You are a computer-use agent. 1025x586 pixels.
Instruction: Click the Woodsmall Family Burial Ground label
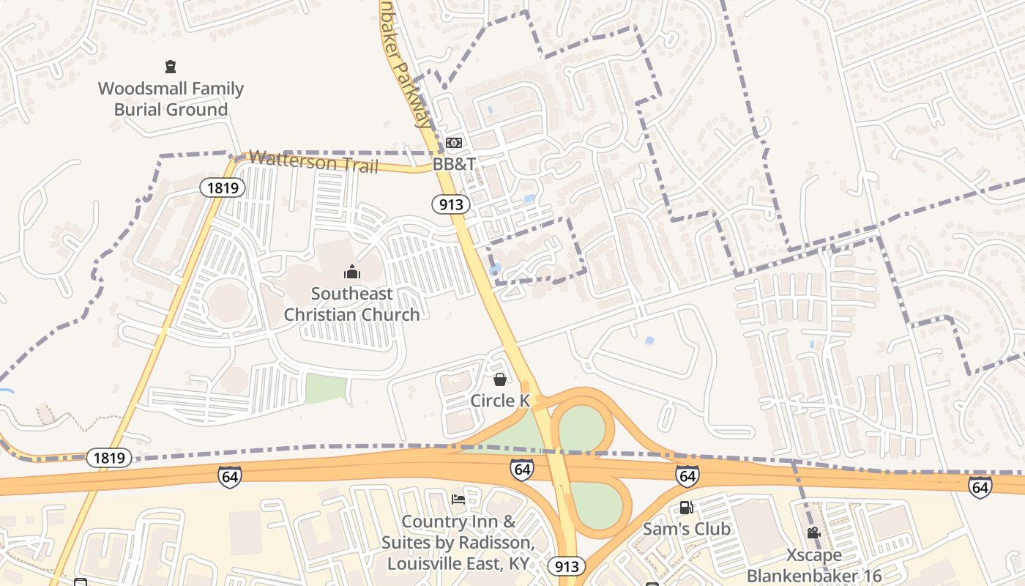[x=171, y=99]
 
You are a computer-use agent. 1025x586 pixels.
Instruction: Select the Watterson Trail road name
[x=313, y=161]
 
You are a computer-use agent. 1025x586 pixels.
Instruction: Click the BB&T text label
[x=454, y=164]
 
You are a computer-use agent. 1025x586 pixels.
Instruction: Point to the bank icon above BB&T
[x=454, y=142]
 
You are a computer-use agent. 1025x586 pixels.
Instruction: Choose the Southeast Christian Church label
[x=351, y=304]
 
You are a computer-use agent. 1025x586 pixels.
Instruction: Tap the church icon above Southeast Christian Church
[x=352, y=272]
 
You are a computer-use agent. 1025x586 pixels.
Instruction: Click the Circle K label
[x=500, y=401]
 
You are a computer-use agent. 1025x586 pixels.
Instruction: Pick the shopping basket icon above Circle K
[x=500, y=379]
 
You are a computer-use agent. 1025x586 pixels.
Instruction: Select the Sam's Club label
[x=686, y=529]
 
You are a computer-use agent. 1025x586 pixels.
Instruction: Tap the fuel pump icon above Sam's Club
[x=686, y=507]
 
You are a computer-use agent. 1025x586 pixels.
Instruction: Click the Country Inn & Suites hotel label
[x=458, y=543]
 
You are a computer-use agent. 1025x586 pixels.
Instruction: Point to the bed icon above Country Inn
[x=458, y=500]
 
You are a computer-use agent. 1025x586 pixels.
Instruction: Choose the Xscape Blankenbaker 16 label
[x=814, y=565]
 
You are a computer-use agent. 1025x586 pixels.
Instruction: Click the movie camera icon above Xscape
[x=813, y=533]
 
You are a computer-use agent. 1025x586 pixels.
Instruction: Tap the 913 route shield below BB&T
[x=450, y=204]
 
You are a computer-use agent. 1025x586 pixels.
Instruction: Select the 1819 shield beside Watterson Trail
[x=223, y=188]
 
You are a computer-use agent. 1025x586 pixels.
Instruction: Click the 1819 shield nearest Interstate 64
[x=110, y=459]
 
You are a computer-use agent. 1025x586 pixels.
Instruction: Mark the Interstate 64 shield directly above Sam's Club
[x=687, y=476]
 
